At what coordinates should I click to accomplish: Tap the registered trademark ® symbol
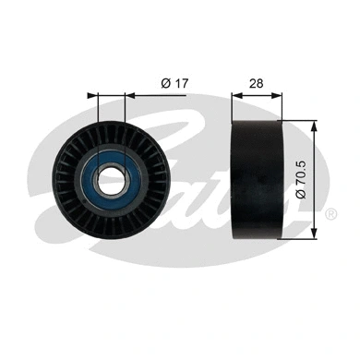[x=330, y=214]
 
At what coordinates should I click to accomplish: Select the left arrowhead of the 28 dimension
[x=234, y=94]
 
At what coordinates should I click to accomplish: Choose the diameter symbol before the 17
[x=164, y=83]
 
